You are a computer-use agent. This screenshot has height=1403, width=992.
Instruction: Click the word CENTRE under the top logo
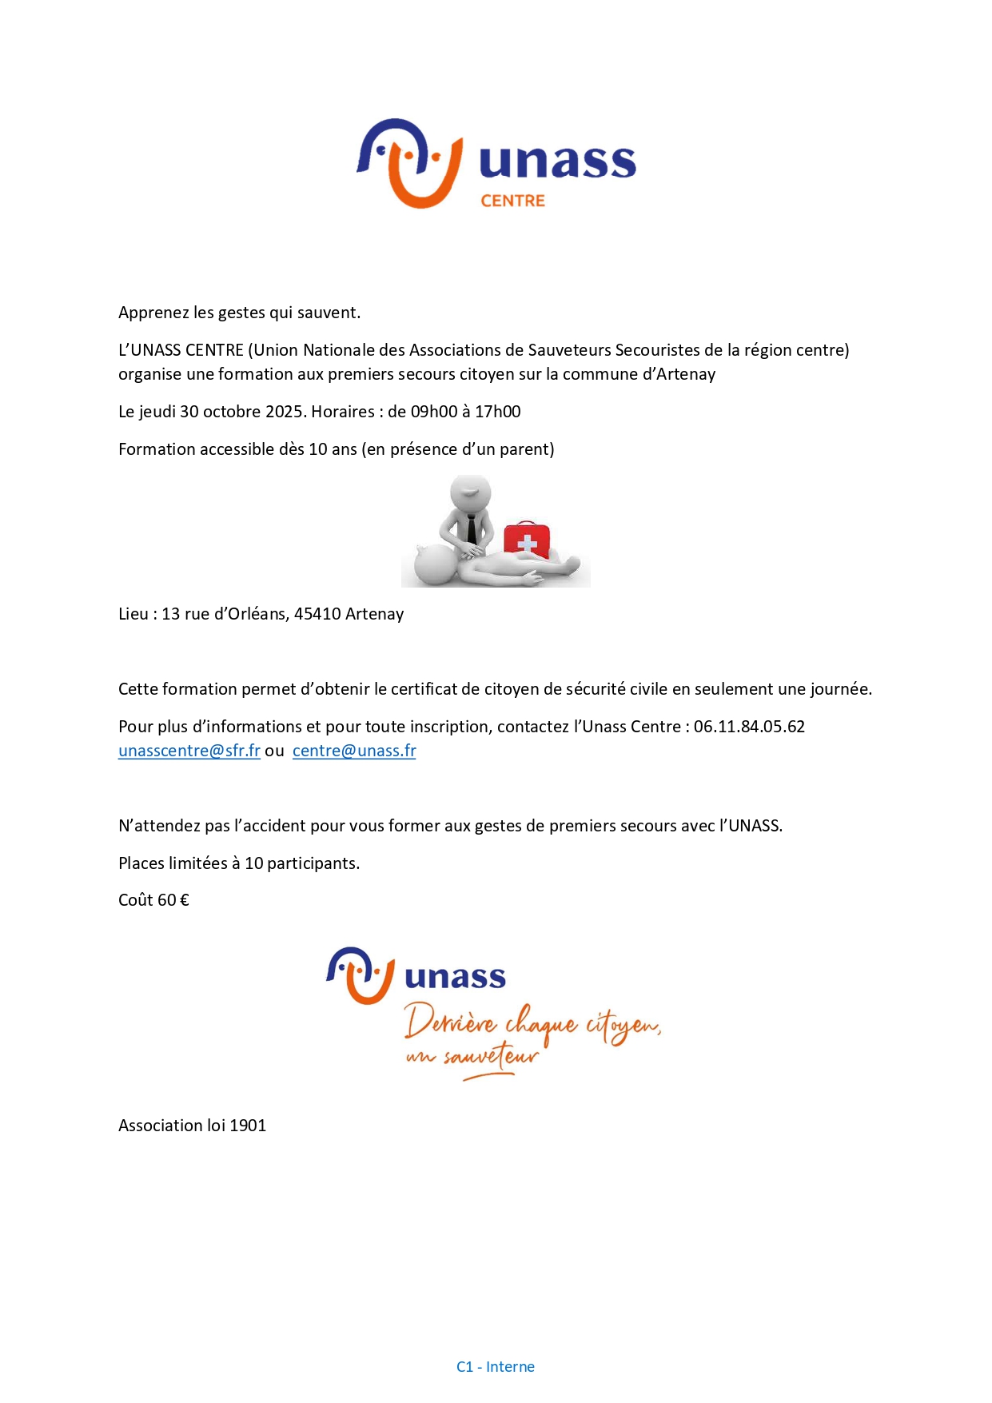(512, 201)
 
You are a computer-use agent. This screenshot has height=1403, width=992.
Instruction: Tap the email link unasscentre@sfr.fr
(189, 751)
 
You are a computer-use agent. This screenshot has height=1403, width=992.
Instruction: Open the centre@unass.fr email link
(354, 751)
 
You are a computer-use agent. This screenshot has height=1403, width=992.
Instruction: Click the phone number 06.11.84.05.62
(749, 727)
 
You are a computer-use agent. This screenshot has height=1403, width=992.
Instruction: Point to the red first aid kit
(527, 540)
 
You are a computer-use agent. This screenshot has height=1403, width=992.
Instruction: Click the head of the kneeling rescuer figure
(470, 492)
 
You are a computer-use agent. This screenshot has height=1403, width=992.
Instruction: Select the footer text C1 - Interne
(496, 1367)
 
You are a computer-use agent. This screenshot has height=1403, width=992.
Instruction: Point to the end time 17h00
(497, 412)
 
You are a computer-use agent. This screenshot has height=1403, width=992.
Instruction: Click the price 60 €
(173, 900)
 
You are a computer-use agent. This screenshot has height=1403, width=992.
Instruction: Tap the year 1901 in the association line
(248, 1126)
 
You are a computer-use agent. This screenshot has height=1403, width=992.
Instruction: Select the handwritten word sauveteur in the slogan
(490, 1058)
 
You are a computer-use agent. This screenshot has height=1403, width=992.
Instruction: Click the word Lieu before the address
(133, 614)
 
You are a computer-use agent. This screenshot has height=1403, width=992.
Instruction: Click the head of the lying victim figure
(435, 566)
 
